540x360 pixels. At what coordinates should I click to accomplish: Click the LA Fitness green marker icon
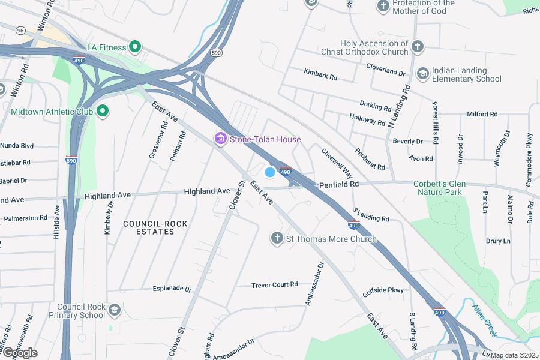136,47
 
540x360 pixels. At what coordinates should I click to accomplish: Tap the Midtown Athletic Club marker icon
102,111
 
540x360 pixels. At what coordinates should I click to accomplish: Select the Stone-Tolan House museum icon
221,140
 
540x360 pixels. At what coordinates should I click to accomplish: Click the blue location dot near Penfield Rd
270,172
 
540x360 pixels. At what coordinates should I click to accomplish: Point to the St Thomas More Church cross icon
277,239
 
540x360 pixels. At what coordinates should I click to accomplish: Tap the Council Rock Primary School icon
115,310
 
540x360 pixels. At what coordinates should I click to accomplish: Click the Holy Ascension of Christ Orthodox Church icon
418,46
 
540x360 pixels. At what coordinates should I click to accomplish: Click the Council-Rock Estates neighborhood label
147,227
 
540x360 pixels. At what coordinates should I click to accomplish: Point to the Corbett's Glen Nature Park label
437,188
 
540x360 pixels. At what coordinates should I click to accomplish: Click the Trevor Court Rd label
274,284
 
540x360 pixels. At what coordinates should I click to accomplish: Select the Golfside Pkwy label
383,291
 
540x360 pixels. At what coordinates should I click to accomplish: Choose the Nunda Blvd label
18,146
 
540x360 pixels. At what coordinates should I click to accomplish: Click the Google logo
20,352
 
